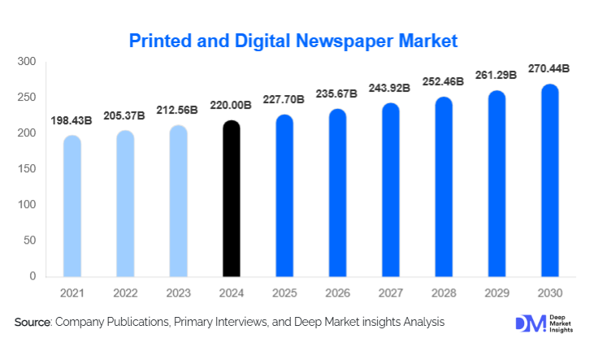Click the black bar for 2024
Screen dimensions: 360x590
(232, 199)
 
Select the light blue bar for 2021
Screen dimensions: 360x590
(72, 206)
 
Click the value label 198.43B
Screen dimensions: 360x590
(72, 120)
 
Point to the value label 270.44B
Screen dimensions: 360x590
(549, 68)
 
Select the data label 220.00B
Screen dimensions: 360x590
(232, 106)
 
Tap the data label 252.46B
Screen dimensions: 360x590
(444, 81)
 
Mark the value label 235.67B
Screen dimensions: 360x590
(337, 93)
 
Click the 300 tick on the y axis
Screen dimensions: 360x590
(27, 62)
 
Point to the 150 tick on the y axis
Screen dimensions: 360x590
(27, 169)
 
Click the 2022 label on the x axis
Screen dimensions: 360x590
(125, 292)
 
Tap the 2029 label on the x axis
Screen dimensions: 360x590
(497, 292)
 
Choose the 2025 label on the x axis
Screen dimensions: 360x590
(284, 292)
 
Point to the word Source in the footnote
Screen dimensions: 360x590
(33, 323)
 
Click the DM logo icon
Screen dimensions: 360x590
(530, 323)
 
